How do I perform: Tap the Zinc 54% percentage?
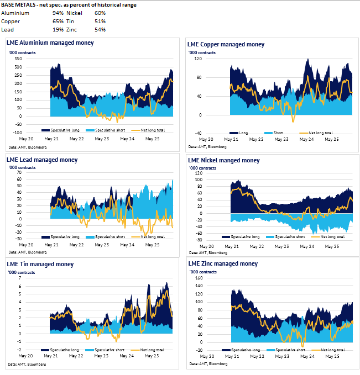pos(100,29)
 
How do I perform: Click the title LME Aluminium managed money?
pos(50,43)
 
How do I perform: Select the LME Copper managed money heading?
pos(226,44)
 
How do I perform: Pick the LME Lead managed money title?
pos(42,160)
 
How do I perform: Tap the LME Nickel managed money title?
pos(223,161)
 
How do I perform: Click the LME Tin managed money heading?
pos(40,264)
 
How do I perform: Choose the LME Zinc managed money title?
pos(223,264)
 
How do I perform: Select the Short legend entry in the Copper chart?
pos(276,133)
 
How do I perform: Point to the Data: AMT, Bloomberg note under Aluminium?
pos(28,147)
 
